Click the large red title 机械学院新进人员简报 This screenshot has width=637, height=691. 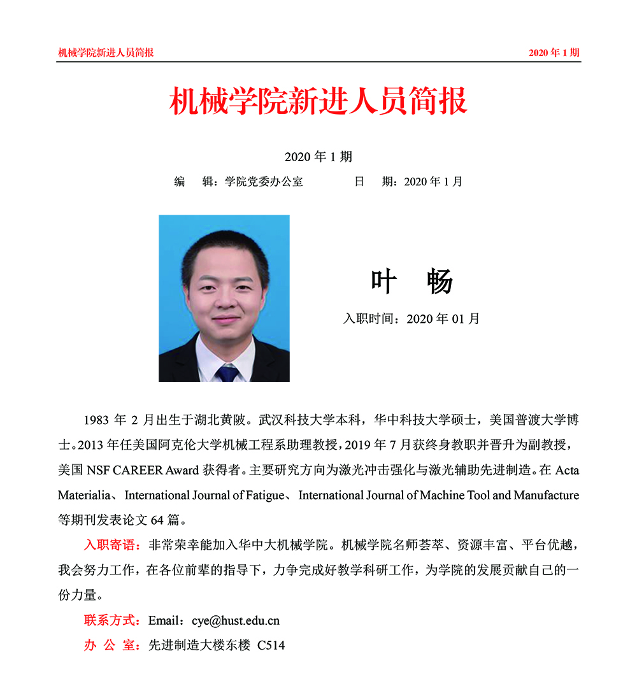click(x=318, y=101)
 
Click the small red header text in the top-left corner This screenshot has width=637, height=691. click(x=106, y=53)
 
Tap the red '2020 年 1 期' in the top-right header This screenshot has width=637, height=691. click(x=554, y=53)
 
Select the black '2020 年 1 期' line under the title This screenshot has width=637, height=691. click(x=318, y=157)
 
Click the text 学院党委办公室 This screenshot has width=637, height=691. click(x=264, y=182)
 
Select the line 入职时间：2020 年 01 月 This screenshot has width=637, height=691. click(x=411, y=318)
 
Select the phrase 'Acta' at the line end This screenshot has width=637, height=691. click(x=567, y=471)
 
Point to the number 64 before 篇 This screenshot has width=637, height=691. click(x=157, y=519)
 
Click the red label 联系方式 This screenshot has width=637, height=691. click(x=111, y=620)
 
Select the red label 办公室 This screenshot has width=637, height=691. click(x=111, y=645)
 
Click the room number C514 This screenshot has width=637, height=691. click(x=271, y=645)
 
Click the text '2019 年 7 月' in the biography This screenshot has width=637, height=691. click(x=382, y=445)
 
